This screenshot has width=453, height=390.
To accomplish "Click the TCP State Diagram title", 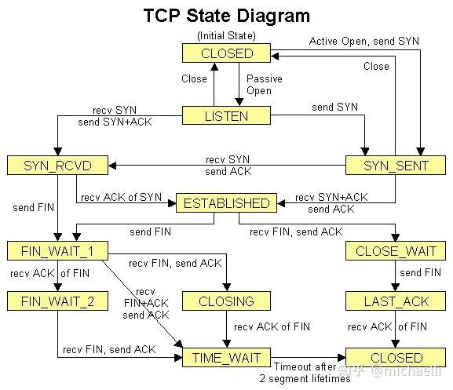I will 227,16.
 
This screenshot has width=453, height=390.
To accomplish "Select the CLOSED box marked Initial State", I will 227,53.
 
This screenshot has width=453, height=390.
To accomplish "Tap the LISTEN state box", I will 227,116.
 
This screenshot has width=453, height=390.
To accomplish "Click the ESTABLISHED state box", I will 226,203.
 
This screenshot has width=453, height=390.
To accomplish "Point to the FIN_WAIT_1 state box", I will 57,252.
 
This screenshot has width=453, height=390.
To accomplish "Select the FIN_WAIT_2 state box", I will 57,301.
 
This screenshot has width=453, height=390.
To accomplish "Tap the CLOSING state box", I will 228,301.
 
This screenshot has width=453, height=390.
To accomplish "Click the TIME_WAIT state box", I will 227,358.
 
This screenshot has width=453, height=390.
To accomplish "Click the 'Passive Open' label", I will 265,85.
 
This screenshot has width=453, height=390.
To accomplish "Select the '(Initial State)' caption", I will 227,35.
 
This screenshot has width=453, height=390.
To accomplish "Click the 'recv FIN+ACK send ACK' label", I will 145,303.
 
